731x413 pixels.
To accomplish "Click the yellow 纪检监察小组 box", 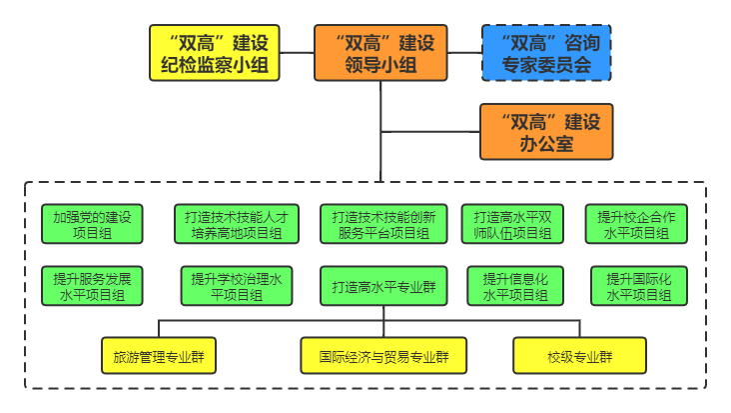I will pyautogui.click(x=213, y=54).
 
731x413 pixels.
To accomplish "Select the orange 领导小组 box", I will pyautogui.click(x=379, y=54).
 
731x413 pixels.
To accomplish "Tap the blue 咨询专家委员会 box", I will pyautogui.click(x=545, y=54).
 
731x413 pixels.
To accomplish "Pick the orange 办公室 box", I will pyautogui.click(x=545, y=132).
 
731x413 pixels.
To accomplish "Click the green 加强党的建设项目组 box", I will pyautogui.click(x=92, y=224).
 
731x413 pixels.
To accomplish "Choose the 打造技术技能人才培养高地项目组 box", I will pyautogui.click(x=237, y=224).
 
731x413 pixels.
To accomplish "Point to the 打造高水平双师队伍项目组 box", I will pyautogui.click(x=513, y=224).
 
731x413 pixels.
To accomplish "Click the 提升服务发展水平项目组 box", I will pyautogui.click(x=92, y=285).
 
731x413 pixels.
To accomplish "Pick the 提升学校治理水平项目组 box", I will pyautogui.click(x=237, y=285).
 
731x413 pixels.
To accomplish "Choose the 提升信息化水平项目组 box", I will pyautogui.click(x=515, y=285).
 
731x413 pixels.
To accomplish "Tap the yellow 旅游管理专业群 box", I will pyautogui.click(x=160, y=355).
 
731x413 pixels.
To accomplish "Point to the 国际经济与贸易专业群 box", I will pyautogui.click(x=383, y=355).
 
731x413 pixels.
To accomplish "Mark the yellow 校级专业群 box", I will pyautogui.click(x=579, y=355).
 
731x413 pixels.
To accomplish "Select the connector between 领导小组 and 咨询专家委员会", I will pyautogui.click(x=463, y=54).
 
